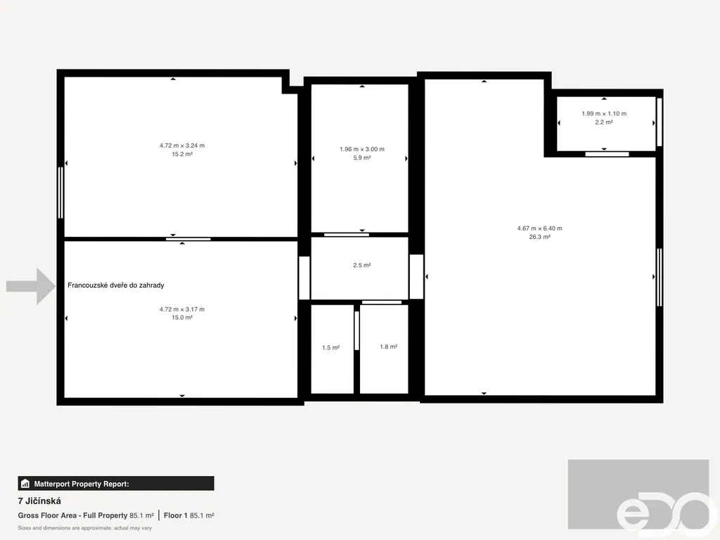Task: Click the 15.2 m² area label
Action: [182, 154]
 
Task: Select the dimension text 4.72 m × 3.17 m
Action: [182, 309]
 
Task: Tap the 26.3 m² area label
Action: [539, 237]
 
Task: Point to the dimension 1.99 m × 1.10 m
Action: [604, 113]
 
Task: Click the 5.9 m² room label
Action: [362, 157]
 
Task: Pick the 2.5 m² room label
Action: [362, 265]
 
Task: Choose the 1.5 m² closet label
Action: [330, 347]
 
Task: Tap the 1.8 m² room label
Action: [388, 347]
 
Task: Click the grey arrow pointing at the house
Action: [31, 287]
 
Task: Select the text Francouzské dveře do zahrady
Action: [116, 285]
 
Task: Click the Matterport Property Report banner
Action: [116, 484]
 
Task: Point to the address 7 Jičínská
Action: [39, 501]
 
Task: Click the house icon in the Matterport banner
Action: [25, 484]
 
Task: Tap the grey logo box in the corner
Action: [638, 494]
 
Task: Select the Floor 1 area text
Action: [188, 515]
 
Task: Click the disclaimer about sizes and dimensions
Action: [85, 528]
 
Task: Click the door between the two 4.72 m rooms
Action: [188, 239]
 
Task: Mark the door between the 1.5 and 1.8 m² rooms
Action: [356, 330]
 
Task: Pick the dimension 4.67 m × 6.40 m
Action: [539, 229]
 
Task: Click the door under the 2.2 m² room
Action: [607, 154]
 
